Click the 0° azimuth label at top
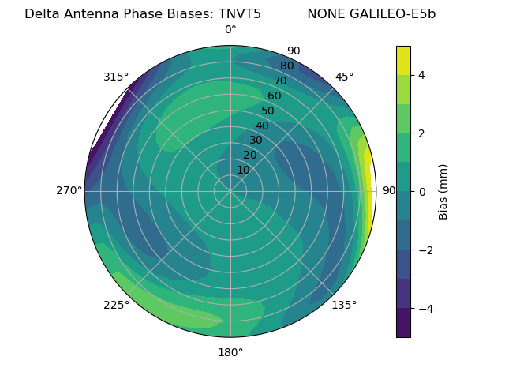click(230, 30)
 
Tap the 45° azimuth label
click(344, 77)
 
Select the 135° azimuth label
click(344, 305)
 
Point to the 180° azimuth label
click(230, 352)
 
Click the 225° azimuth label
click(116, 305)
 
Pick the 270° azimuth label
click(69, 190)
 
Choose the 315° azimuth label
click(116, 77)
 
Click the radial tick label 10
click(243, 170)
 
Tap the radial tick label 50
click(268, 111)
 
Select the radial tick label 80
click(286, 66)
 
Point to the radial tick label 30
click(256, 141)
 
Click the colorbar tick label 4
click(422, 75)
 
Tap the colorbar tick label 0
click(422, 191)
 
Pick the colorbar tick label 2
click(422, 133)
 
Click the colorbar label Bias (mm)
click(443, 191)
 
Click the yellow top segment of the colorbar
click(403, 60)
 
